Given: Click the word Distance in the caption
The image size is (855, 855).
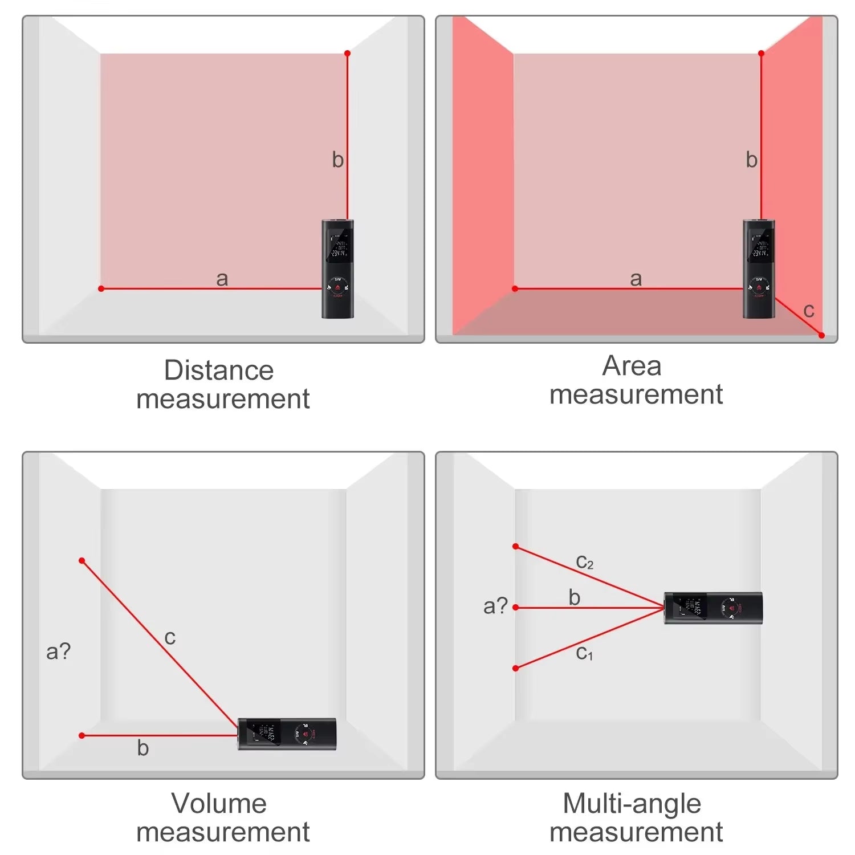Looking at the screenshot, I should [x=219, y=370].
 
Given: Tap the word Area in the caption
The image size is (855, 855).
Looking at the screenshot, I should [x=632, y=366].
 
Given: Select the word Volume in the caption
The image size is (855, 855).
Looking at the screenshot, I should [x=219, y=804].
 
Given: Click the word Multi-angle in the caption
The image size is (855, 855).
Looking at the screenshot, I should [x=632, y=804].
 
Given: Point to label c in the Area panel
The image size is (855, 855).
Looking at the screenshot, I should [x=808, y=311].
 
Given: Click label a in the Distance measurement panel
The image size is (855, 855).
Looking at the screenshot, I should [x=222, y=279].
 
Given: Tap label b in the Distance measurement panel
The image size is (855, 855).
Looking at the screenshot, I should [x=337, y=160].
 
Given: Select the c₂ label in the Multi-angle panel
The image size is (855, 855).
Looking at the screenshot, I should [x=584, y=562].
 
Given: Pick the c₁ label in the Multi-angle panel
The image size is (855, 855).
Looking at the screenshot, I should [x=584, y=653].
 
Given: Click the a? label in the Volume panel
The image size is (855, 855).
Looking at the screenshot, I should [x=58, y=651].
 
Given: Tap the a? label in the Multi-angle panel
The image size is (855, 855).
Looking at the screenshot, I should [x=495, y=605].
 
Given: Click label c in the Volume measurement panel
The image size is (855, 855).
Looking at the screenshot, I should [x=170, y=637].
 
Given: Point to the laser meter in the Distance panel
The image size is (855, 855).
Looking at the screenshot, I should [x=337, y=269].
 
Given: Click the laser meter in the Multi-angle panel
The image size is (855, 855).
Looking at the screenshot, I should [x=713, y=608].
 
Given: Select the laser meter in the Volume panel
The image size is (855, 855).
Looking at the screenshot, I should [x=287, y=734].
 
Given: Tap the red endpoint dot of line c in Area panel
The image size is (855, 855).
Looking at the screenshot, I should [x=821, y=335].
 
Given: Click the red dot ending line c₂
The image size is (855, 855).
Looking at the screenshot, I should [x=515, y=547].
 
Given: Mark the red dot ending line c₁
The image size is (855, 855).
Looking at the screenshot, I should [x=515, y=668].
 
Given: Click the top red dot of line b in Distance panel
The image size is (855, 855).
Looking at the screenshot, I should [x=347, y=54].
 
